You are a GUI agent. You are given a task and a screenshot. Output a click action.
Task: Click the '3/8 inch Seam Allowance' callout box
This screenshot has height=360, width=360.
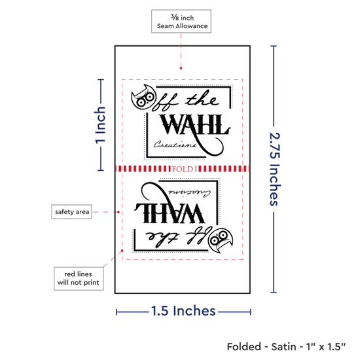point(181,22)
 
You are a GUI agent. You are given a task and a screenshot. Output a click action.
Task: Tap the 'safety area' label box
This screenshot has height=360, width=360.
point(71,211)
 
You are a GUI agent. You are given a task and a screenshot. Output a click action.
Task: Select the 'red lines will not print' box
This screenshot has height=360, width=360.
point(79,278)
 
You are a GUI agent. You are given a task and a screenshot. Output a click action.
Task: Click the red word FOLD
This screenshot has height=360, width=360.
point(183,170)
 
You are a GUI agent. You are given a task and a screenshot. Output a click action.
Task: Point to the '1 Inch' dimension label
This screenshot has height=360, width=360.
point(100,125)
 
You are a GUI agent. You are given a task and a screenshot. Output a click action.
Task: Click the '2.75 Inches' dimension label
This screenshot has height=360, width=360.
point(274,169)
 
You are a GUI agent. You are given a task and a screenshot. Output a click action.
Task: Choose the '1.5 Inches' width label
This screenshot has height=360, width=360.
point(183,311)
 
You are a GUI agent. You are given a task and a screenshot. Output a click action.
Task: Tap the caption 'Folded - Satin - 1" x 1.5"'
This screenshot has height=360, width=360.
point(286,347)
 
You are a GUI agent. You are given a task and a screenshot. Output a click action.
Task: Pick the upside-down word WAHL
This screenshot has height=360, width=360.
point(170,213)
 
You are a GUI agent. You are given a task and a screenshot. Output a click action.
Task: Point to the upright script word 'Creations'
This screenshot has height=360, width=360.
point(175,145)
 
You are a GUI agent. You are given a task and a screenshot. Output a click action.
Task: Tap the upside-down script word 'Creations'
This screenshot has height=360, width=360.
point(189,194)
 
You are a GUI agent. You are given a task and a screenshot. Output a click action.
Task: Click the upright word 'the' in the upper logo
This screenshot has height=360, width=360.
point(202,99)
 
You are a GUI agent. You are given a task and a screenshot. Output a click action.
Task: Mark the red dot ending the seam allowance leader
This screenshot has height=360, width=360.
point(181,68)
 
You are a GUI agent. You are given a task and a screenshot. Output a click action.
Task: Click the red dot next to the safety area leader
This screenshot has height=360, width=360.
point(118,212)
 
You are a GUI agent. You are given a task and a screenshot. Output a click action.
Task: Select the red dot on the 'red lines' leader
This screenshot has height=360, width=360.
point(122,251)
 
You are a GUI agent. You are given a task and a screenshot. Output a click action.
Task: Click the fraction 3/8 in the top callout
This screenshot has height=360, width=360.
point(175,17)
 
